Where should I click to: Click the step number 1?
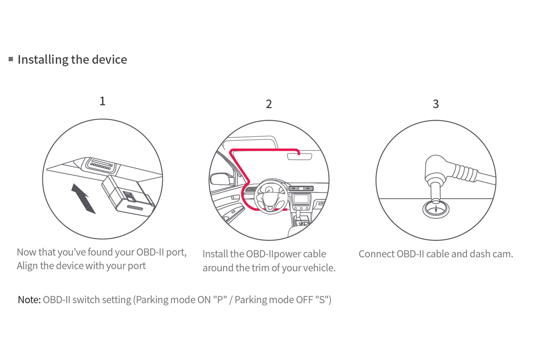point(103,101)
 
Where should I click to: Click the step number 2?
point(269,104)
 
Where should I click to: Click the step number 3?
point(436,104)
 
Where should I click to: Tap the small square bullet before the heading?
point(11,59)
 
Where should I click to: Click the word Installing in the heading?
point(43,60)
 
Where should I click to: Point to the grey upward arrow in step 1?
point(83,198)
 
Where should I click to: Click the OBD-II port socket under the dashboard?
point(101,165)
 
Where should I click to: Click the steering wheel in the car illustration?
point(271,197)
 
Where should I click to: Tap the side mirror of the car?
point(222,179)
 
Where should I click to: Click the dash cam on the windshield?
point(299,156)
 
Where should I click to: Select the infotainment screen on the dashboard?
point(301,199)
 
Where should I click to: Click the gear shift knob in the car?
point(298,214)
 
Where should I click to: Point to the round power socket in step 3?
point(436,209)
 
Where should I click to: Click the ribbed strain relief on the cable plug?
point(465,172)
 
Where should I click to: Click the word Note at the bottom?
point(28,300)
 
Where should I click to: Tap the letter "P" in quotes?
point(220,300)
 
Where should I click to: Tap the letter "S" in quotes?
point(322,300)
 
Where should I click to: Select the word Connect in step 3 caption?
point(376,254)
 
